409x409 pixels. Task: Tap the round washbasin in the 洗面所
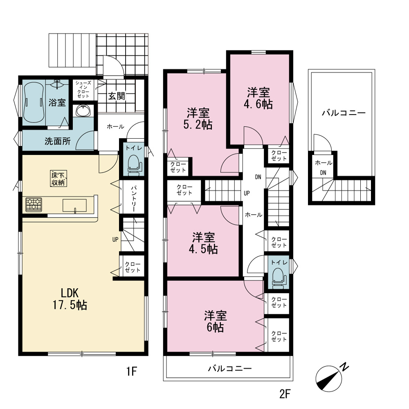pos(83,111)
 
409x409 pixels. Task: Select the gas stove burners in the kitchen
pos(34,204)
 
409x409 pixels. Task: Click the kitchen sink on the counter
pos(74,206)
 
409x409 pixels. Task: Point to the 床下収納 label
pos(58,178)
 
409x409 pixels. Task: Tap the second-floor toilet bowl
pos(279,279)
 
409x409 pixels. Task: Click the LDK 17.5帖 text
pos(70,299)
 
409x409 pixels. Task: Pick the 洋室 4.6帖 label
pos(258,98)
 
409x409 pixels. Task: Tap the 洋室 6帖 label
pos(215,321)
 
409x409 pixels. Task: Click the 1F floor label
pos(132,371)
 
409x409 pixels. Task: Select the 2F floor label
pos(285,394)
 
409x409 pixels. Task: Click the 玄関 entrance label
pos(117,96)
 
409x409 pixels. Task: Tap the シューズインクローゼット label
pos(83,90)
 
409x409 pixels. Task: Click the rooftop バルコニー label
pos(344,113)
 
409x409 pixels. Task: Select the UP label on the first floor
pos(115,239)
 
